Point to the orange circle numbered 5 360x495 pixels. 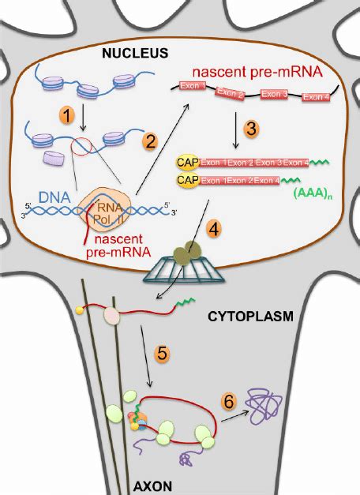tap(162, 353)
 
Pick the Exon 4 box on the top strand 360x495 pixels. tap(316, 97)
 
